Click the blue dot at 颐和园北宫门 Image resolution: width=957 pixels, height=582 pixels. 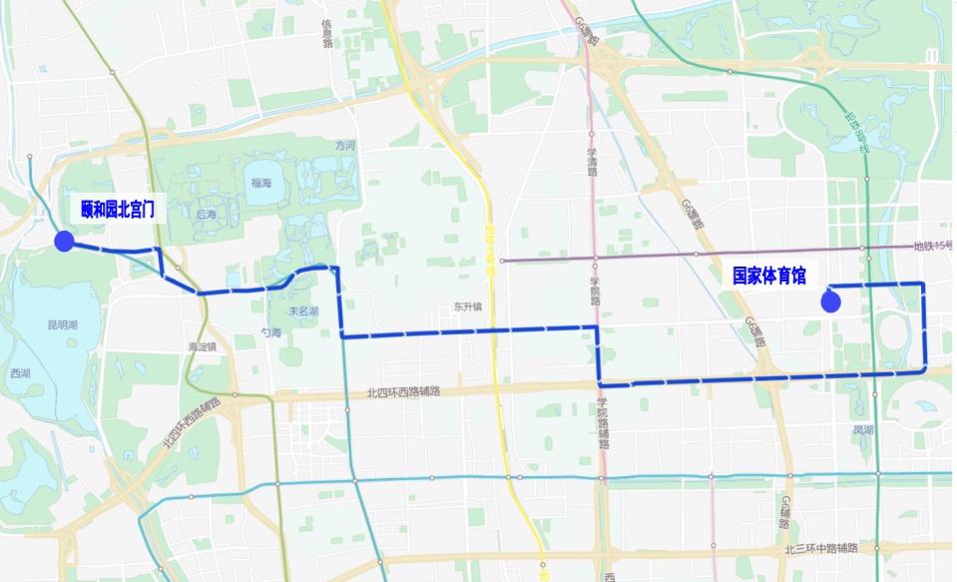(x=64, y=241)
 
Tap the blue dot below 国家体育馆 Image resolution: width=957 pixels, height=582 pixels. (x=829, y=300)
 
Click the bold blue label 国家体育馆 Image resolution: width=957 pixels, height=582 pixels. (x=769, y=276)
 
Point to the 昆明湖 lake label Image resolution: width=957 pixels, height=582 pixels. (x=62, y=326)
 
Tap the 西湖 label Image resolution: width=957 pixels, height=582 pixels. (x=21, y=372)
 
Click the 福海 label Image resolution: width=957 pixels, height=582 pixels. (x=261, y=183)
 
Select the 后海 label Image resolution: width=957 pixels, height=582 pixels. (x=207, y=214)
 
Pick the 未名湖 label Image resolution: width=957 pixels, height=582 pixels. (x=303, y=310)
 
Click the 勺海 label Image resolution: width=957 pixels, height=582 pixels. (x=270, y=332)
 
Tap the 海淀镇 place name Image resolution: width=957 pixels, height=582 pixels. (x=203, y=346)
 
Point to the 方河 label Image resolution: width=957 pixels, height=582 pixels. (x=345, y=145)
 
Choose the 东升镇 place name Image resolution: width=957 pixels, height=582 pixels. (x=467, y=307)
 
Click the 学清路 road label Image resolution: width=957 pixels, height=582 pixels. (x=592, y=160)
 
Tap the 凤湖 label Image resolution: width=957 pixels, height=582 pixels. (x=863, y=430)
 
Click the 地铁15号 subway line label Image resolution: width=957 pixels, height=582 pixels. (x=934, y=247)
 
